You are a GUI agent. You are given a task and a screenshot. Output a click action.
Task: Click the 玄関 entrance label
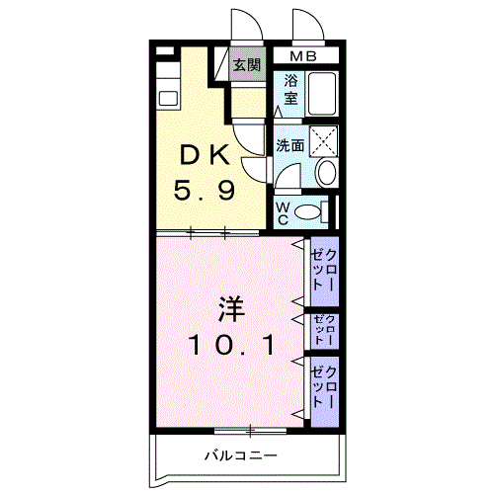[247, 66]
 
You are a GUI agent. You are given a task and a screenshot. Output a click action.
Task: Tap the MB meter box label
[304, 55]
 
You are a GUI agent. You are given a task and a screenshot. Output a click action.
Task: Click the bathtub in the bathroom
[323, 95]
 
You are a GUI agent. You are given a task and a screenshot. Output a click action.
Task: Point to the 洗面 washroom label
[289, 145]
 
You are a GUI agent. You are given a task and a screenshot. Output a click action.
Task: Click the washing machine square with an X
[323, 141]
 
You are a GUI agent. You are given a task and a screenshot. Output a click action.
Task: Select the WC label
[281, 212]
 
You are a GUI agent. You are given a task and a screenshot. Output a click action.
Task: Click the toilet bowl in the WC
[310, 210]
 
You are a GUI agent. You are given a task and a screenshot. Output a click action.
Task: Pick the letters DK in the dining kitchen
[206, 155]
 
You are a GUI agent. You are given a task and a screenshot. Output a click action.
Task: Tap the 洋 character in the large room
[229, 308]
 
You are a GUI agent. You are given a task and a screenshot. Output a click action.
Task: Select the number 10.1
[229, 345]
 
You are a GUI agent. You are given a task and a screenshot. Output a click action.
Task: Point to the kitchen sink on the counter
[167, 98]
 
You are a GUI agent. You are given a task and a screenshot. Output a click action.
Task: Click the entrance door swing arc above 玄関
[242, 25]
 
